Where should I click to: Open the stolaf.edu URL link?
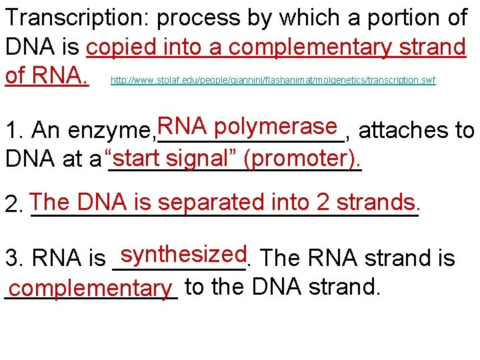(273, 81)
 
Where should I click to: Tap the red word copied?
(121, 48)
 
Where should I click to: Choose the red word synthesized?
(185, 254)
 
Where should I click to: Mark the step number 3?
(11, 258)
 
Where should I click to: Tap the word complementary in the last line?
(91, 289)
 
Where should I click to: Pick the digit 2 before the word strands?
(325, 201)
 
